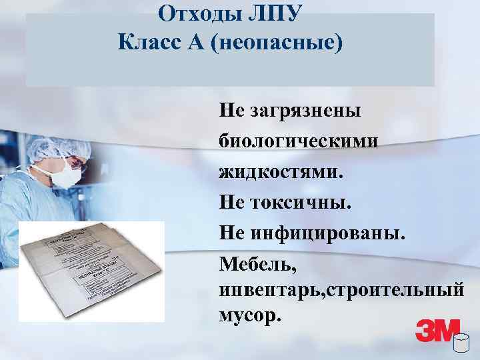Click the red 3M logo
tap(437, 331)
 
